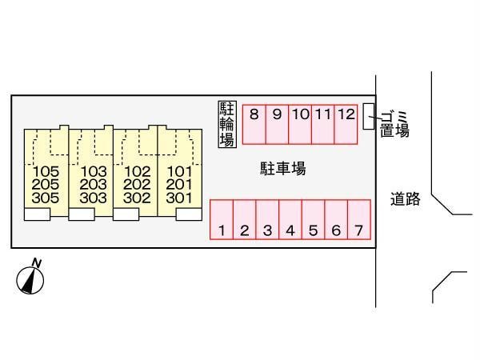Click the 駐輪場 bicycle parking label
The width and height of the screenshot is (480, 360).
(x=226, y=124)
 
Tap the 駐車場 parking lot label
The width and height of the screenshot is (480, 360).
(x=282, y=169)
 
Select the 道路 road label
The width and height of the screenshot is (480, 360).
(x=406, y=199)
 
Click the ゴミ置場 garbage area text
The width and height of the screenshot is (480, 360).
(x=395, y=124)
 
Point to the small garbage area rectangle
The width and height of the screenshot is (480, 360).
(x=368, y=116)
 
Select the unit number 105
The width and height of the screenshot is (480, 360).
(x=46, y=171)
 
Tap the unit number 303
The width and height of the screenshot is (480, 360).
(x=94, y=197)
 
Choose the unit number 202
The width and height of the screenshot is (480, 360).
(x=138, y=184)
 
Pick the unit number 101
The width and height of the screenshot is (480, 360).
(x=179, y=171)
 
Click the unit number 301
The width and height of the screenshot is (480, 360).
(x=179, y=197)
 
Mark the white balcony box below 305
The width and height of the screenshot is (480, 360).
(x=37, y=214)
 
